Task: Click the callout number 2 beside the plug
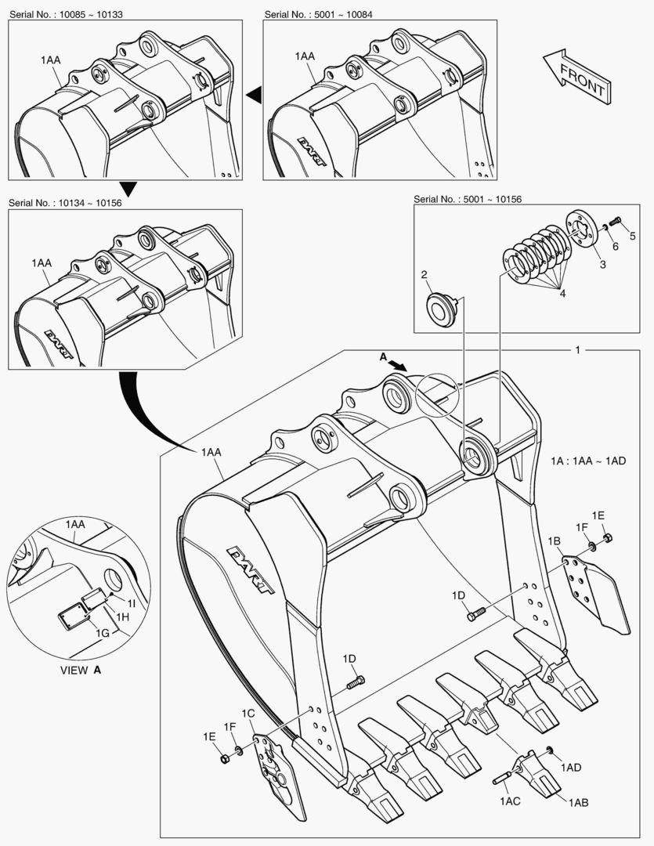pos(424,275)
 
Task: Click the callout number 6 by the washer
pos(615,246)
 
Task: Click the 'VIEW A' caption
pos(81,671)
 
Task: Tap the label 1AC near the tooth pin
pos(511,801)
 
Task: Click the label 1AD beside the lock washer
pos(570,768)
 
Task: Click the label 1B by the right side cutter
pos(554,540)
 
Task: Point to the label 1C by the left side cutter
pos(248,713)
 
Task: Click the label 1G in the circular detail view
pos(102,632)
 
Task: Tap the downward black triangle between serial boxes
pos(128,188)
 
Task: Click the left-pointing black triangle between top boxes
pos(254,95)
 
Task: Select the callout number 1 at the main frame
pos(577,349)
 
